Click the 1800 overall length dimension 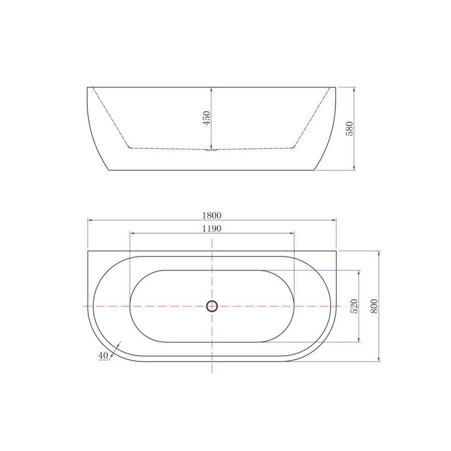[x=211, y=215]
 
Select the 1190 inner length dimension [x=211, y=229]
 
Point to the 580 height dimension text [x=350, y=128]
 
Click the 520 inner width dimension [x=354, y=306]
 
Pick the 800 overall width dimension [x=374, y=306]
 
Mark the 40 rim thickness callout [x=103, y=355]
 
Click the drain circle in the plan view [x=212, y=306]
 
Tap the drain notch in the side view [x=211, y=149]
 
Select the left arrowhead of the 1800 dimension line [x=90, y=220]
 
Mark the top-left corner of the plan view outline [x=88, y=251]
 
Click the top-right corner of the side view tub [x=335, y=87]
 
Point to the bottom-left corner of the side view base [x=109, y=170]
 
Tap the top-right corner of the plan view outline [x=336, y=251]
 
